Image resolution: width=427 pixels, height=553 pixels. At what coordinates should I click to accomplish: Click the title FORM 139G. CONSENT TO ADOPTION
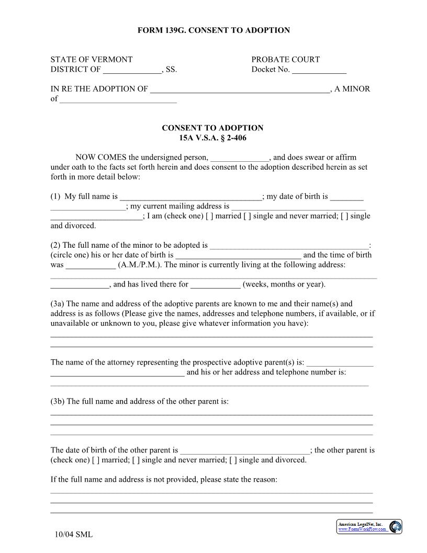[213, 30]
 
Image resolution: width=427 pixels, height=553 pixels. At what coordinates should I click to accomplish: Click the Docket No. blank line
[319, 70]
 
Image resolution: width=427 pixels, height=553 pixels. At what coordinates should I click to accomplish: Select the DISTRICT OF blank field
[132, 70]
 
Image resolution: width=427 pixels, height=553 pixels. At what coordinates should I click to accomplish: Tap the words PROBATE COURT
[285, 60]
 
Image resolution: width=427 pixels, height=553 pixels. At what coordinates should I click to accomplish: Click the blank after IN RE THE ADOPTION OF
[240, 90]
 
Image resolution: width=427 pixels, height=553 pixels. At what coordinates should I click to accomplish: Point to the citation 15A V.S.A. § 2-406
[212, 138]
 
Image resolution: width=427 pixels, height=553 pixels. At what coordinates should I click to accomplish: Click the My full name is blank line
[190, 197]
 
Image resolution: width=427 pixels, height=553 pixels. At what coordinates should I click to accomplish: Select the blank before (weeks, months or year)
[215, 285]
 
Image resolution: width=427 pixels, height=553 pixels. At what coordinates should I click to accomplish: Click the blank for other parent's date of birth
[244, 451]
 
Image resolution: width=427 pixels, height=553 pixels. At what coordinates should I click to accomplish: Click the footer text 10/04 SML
[74, 535]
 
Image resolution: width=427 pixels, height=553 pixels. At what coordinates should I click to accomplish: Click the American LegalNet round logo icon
[396, 527]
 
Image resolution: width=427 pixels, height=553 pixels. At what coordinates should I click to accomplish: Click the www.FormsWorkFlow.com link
[363, 529]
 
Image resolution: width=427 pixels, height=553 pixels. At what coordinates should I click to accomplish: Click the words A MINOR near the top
[352, 89]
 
